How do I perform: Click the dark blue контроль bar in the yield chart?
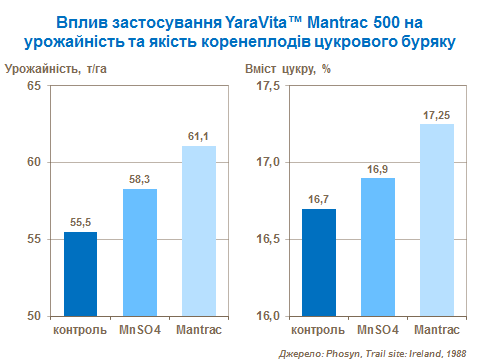(x=80, y=273)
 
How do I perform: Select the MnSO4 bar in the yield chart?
(x=140, y=252)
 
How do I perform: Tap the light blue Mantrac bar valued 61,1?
(x=199, y=230)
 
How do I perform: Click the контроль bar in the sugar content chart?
(x=319, y=262)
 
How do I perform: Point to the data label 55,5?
(x=80, y=222)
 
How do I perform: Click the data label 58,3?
(x=140, y=179)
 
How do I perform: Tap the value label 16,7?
(x=319, y=199)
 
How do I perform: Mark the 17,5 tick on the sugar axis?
(x=269, y=86)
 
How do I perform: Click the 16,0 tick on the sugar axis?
(x=269, y=316)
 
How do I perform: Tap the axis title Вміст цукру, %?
(x=287, y=68)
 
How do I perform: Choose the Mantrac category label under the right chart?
(x=437, y=329)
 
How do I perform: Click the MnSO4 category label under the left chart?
(x=140, y=329)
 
